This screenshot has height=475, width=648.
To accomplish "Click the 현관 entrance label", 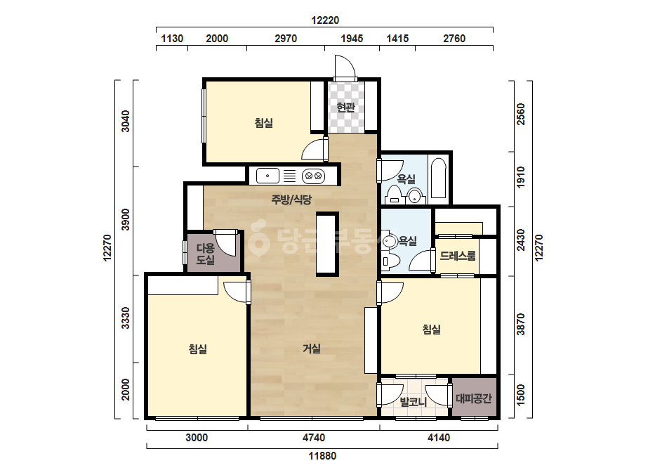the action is [x=346, y=108].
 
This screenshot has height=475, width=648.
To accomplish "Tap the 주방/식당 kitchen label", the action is [x=291, y=200].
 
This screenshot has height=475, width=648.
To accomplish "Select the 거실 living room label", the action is [x=312, y=349].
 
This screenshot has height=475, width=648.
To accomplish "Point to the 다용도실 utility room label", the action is [x=206, y=254].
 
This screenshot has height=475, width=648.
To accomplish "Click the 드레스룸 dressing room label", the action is [x=458, y=255].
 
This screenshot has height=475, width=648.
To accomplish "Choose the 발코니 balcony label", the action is [x=414, y=401].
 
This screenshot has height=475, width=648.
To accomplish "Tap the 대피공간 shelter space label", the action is [x=474, y=398].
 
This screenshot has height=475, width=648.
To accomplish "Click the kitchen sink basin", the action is [x=267, y=176].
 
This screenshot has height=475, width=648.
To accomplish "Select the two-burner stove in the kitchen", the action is [x=313, y=176].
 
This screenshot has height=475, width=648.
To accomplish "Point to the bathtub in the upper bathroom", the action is [x=439, y=178].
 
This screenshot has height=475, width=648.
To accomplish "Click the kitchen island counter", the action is [x=327, y=244].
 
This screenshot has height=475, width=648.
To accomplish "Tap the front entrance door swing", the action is [x=345, y=67].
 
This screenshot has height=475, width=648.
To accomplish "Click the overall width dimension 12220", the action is [x=325, y=20].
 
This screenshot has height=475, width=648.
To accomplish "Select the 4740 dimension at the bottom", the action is [x=314, y=437].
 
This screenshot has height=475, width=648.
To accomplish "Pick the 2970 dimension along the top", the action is [x=286, y=39].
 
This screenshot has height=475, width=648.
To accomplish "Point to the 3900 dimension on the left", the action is [x=125, y=220].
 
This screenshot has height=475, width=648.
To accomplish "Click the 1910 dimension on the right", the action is [x=521, y=176].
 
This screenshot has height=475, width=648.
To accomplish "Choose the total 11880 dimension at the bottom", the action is [x=322, y=456].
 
